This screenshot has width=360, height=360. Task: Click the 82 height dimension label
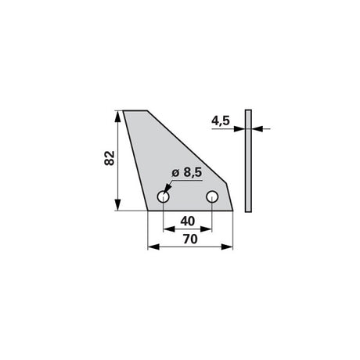tap(110, 158)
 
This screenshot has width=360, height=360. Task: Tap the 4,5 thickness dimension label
tap(221, 121)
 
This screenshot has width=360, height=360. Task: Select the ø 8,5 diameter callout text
tap(187, 172)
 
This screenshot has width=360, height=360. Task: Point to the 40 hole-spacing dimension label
tap(188, 221)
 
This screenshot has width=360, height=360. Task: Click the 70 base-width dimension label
tap(190, 239)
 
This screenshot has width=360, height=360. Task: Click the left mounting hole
tap(164, 196)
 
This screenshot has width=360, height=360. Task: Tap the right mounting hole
tap(212, 196)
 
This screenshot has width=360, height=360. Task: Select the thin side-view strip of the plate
tap(248, 160)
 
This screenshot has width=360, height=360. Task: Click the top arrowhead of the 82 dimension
tap(118, 117)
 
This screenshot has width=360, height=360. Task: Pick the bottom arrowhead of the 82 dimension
tap(118, 204)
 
